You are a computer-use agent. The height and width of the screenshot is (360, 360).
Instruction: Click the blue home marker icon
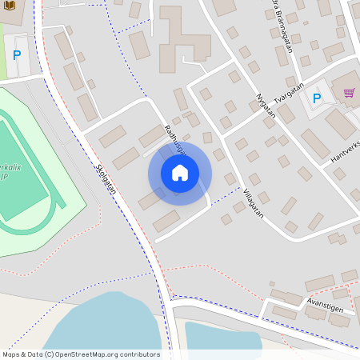180,173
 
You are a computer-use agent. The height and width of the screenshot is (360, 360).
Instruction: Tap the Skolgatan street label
106,179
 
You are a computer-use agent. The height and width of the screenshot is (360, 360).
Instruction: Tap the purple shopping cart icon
349,93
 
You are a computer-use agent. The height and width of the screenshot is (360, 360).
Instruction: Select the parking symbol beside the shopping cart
317,98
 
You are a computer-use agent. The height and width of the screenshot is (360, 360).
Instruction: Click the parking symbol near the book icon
17,55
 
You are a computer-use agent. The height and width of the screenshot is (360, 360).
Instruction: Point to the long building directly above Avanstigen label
320,282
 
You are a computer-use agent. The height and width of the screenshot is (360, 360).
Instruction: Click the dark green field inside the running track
20,176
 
